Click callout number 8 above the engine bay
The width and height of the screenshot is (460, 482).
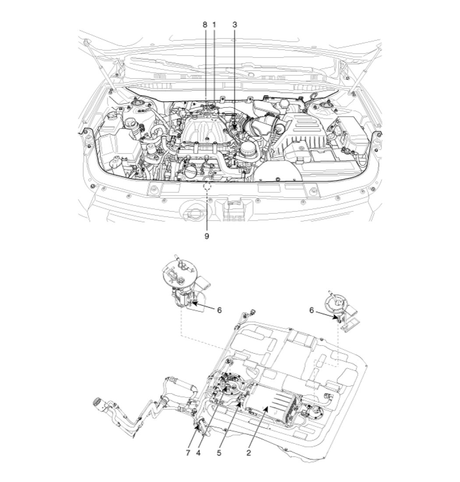coord(205,25)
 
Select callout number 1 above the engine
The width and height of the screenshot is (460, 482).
coord(214,25)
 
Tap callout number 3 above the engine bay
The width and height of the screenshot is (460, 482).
coord(235,25)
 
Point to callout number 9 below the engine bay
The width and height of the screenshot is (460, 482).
coord(207,236)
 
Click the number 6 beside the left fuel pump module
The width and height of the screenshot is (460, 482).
coord(219,310)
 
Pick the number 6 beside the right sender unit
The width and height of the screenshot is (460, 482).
coord(311,311)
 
